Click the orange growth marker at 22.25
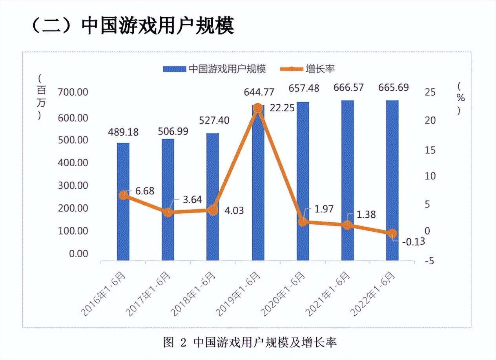tap(258, 108)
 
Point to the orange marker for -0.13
tap(392, 234)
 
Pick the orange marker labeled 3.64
tap(168, 212)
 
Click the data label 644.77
tap(259, 93)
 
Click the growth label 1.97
tap(324, 209)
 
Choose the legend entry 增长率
tap(308, 69)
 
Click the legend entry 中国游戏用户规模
tap(215, 69)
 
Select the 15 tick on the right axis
tap(431, 151)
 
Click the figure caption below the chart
tap(250, 342)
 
